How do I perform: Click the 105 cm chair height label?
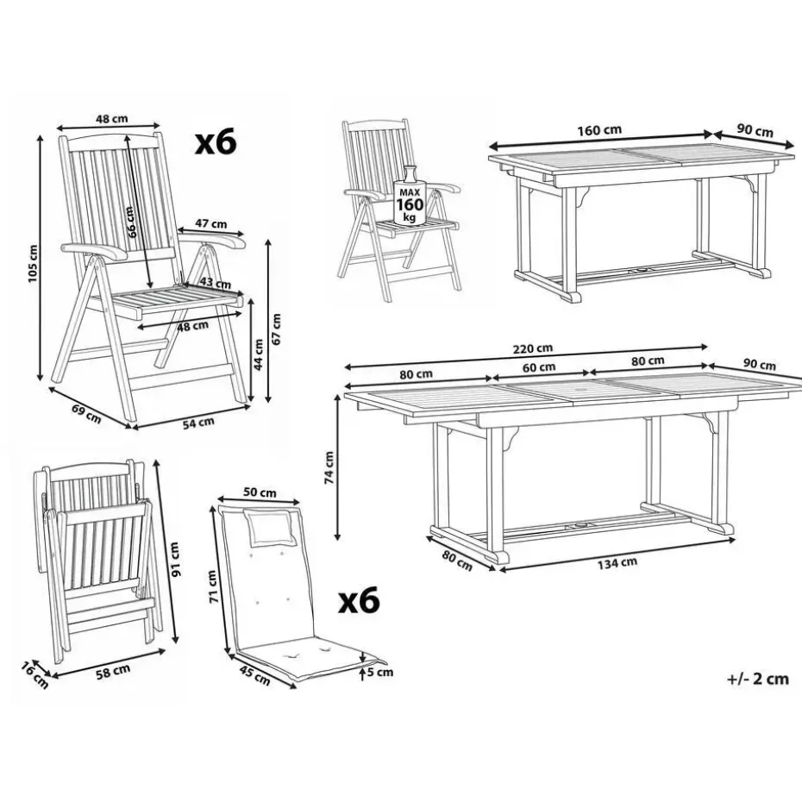(x=33, y=263)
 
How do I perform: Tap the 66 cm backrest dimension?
(x=131, y=222)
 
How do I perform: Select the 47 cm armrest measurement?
(x=210, y=223)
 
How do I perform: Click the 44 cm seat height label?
(x=259, y=354)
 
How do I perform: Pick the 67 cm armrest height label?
(x=276, y=329)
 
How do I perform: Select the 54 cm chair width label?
(x=198, y=423)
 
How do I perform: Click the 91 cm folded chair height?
(x=175, y=560)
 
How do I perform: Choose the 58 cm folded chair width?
(x=113, y=671)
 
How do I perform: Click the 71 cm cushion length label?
(x=214, y=586)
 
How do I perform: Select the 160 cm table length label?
(x=599, y=130)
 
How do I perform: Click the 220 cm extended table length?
(x=532, y=348)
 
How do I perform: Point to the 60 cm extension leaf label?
(x=539, y=367)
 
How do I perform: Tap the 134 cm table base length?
(x=617, y=563)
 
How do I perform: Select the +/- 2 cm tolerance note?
(x=758, y=679)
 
